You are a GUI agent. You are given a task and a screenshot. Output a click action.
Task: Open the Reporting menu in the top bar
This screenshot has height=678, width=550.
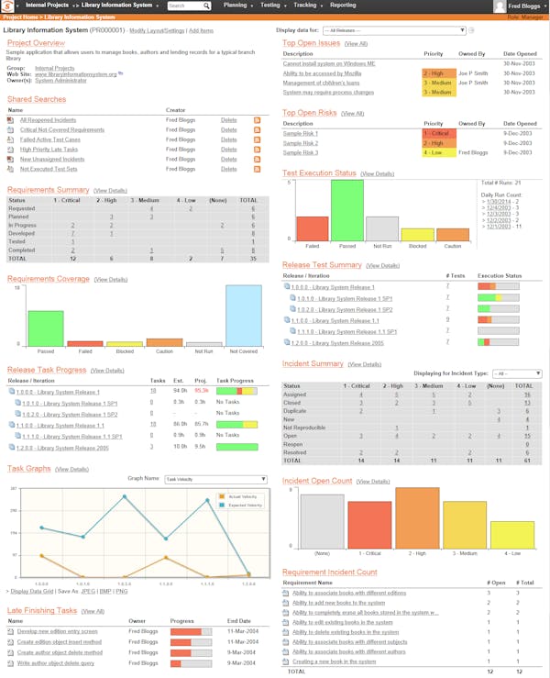click(x=343, y=6)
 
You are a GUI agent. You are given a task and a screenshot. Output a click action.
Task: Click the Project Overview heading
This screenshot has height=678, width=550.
click(x=36, y=43)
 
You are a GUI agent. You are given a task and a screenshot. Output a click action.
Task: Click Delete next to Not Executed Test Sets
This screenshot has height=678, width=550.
click(x=228, y=169)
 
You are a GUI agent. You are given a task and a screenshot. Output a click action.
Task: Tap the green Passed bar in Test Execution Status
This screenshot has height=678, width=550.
click(x=347, y=210)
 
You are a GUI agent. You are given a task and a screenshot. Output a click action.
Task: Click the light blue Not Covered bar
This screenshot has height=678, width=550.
click(x=243, y=315)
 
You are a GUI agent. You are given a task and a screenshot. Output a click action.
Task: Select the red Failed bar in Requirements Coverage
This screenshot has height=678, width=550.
click(x=85, y=343)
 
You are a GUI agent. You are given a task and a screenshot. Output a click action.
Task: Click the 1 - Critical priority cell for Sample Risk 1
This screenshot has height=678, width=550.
click(x=438, y=133)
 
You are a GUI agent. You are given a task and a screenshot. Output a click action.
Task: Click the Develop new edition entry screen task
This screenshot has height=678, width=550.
click(x=56, y=631)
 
